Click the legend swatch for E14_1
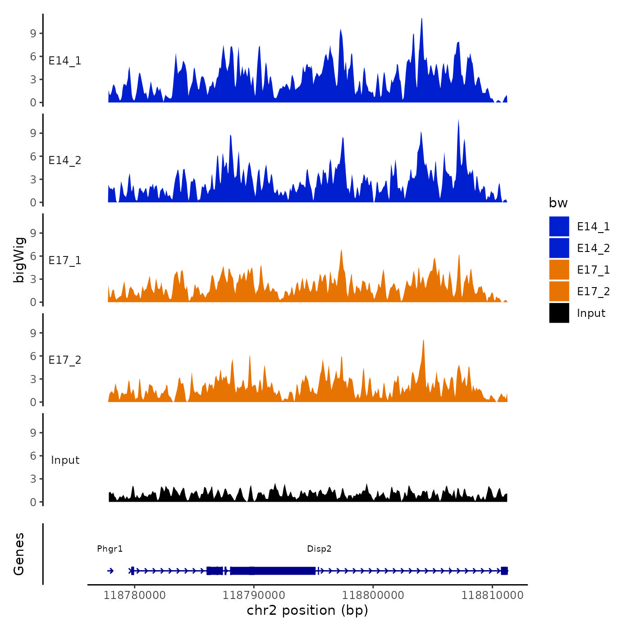point(559,226)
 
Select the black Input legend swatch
point(559,313)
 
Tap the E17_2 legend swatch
point(559,291)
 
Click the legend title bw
point(558,203)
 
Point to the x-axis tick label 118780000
point(134,595)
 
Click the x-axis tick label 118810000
point(492,595)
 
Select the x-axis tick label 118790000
point(254,595)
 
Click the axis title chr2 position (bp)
point(307,610)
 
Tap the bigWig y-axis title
point(19,260)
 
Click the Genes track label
point(19,554)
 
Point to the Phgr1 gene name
point(110,549)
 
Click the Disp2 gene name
point(319,549)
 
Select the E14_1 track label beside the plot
point(65,61)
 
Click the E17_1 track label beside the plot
point(65,261)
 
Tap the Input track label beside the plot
point(65,460)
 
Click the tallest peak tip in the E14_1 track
point(421,19)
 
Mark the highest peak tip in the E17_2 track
point(423,340)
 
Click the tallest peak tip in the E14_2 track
point(458,120)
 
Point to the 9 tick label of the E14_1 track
point(33,33)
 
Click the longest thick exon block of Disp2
point(273,571)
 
